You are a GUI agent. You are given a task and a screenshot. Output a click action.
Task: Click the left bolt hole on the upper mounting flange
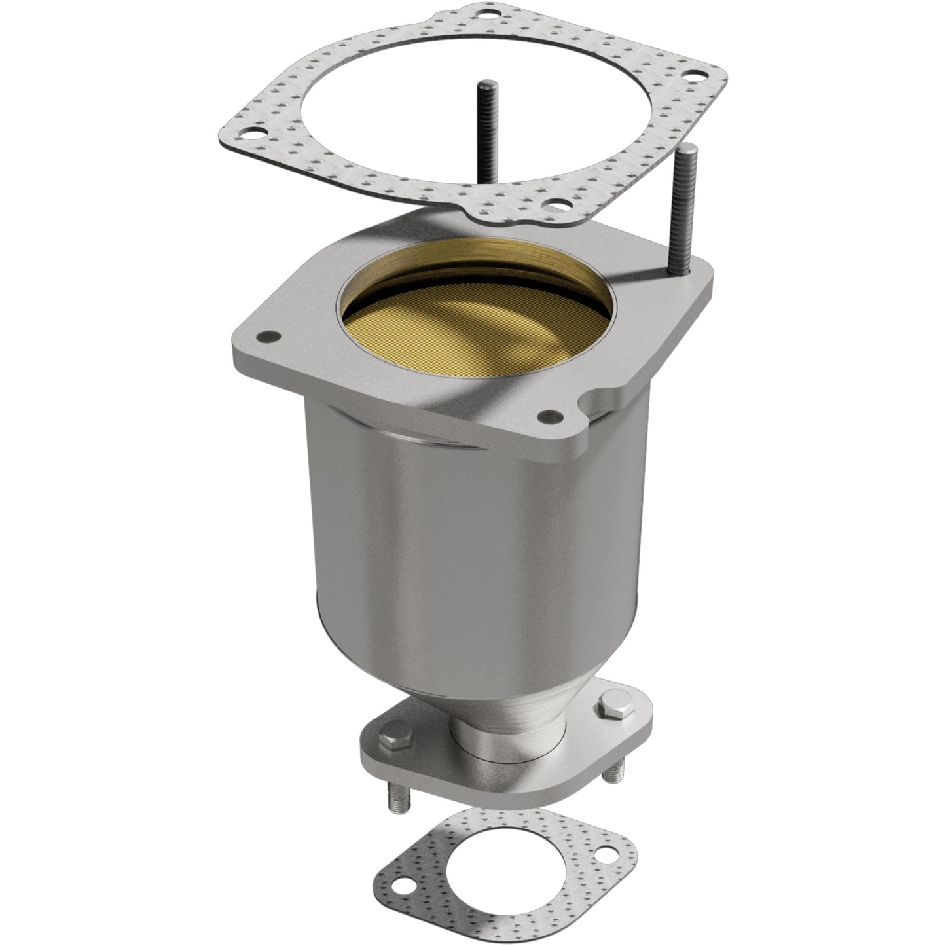coord(266,337)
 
